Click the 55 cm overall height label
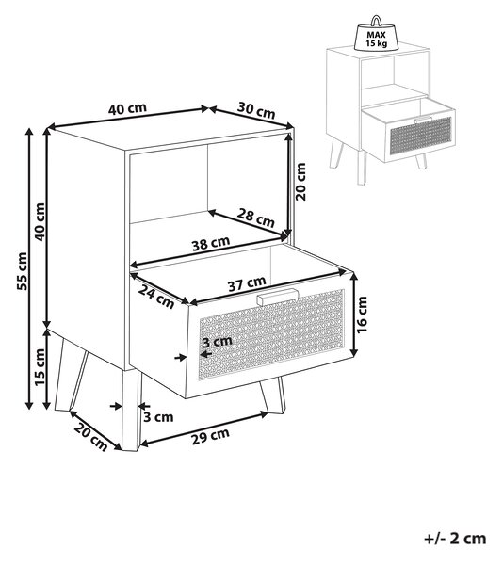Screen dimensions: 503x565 [x=23, y=271]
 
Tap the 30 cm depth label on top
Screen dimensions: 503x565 [x=256, y=110]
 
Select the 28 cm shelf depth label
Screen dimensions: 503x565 [x=256, y=218]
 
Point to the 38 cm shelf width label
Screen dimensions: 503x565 [x=211, y=243]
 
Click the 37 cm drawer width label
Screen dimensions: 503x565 [x=247, y=283]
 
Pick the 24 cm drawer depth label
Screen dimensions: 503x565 [x=156, y=298]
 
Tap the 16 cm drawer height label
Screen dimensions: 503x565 [x=362, y=315]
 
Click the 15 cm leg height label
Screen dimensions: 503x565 [x=40, y=367]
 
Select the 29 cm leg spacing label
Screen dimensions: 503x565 [x=210, y=436]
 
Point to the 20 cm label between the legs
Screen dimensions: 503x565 [x=90, y=437]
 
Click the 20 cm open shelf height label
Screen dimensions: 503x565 [x=300, y=181]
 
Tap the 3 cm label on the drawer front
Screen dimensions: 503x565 [x=217, y=341]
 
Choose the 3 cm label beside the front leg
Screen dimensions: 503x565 [x=158, y=417]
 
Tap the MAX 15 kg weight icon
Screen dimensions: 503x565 [x=377, y=34]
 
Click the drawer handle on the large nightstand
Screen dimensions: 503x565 [x=278, y=297]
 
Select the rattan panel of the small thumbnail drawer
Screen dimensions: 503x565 [x=421, y=135]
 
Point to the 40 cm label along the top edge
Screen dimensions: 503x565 [x=127, y=108]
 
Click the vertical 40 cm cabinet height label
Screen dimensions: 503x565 [x=40, y=221]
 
